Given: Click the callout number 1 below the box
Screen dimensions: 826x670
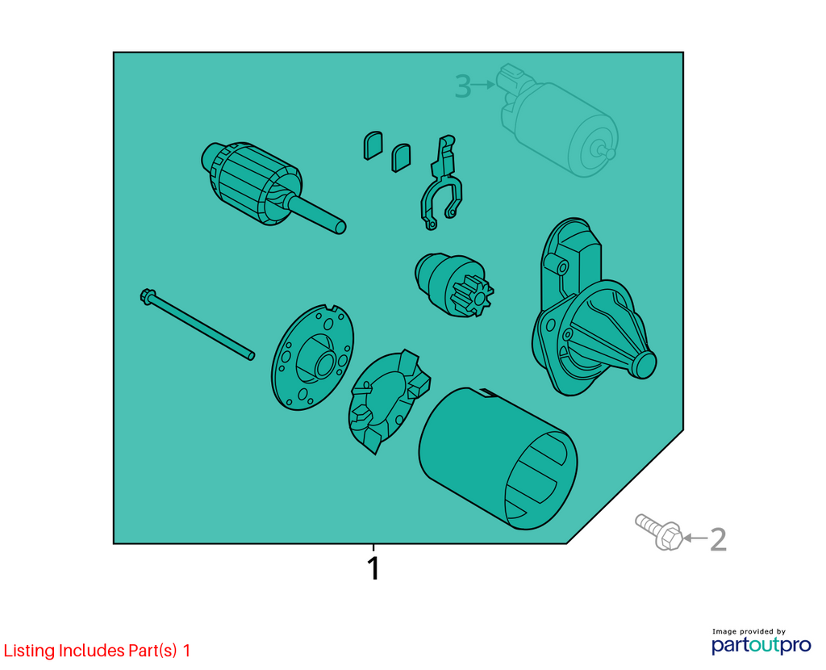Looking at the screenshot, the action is click(373, 568).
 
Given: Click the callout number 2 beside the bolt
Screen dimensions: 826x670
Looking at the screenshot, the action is click(718, 539).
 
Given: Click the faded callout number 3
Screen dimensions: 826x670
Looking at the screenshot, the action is click(462, 86).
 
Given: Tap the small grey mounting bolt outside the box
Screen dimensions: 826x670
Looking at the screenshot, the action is click(658, 532).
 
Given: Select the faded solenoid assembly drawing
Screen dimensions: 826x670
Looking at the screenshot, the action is click(557, 121).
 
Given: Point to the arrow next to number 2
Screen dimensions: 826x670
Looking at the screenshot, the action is click(695, 538).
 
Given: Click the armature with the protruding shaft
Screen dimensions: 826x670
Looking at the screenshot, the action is click(269, 186).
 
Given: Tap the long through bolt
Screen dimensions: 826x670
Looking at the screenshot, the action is click(198, 324).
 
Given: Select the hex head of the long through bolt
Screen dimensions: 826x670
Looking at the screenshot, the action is click(147, 295).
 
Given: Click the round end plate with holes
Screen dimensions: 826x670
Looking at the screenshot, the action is click(312, 358).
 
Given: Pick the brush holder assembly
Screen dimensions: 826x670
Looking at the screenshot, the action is click(389, 400).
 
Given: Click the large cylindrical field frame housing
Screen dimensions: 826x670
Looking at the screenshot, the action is click(498, 459).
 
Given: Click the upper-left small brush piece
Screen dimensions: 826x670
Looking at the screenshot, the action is click(373, 145).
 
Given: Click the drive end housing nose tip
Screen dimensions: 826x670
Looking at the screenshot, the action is click(643, 365).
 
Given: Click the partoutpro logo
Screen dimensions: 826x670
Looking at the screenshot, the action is click(761, 645).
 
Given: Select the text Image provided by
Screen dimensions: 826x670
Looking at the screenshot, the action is click(749, 631).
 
